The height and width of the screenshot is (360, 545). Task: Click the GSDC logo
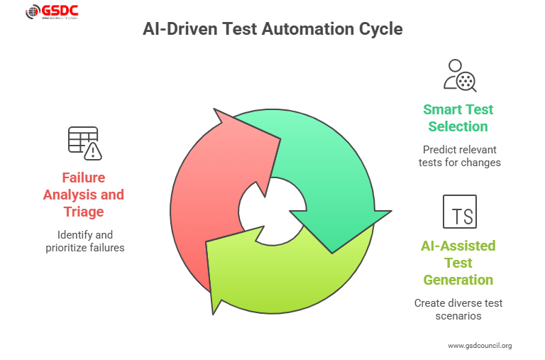53,13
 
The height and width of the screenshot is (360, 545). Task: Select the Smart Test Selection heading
458,118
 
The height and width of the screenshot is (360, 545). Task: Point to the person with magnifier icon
459,75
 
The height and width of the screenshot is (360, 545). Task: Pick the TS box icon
459,212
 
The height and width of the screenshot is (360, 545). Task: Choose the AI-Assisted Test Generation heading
458,263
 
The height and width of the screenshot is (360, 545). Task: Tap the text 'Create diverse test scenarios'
458,309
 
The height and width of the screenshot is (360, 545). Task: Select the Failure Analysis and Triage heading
83,195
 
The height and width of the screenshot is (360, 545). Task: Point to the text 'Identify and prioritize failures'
83,241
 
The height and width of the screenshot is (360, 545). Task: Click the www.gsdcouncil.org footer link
479,346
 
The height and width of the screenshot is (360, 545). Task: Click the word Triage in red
83,212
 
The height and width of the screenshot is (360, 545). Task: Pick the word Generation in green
458,280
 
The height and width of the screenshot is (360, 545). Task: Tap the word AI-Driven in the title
179,30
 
